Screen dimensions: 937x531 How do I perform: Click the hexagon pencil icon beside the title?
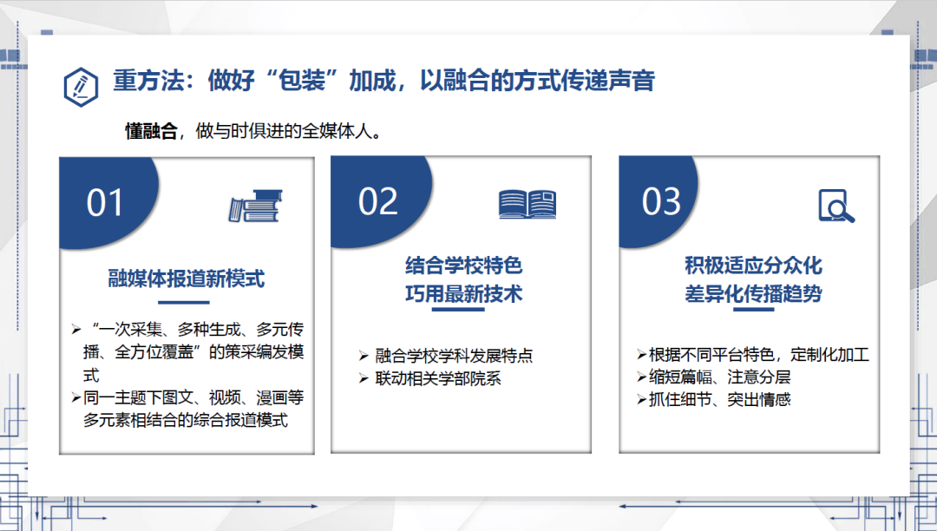[81, 87]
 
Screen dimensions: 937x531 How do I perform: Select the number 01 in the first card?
[105, 202]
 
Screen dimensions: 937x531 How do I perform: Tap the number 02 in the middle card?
[377, 201]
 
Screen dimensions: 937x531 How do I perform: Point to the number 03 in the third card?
[661, 201]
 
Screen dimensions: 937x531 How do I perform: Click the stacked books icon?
[255, 206]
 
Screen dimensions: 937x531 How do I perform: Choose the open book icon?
[527, 204]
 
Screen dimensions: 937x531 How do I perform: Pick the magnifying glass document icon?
[836, 206]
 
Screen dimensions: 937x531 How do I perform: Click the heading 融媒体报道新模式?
[187, 279]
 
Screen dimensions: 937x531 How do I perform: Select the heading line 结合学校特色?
[463, 265]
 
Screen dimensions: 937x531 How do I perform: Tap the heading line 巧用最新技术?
[463, 293]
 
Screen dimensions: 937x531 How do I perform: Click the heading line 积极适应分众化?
[754, 265]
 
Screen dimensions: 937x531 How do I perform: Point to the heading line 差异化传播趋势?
[754, 293]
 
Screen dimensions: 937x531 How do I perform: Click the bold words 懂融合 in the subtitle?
[151, 131]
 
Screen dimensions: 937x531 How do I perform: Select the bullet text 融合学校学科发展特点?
[454, 356]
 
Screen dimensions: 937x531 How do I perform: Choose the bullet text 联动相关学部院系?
[438, 378]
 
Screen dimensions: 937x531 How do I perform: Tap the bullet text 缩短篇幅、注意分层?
[719, 377]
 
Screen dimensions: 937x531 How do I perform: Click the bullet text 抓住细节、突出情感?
[719, 400]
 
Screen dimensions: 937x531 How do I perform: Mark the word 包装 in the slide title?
[302, 80]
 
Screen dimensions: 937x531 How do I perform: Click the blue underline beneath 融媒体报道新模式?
[183, 302]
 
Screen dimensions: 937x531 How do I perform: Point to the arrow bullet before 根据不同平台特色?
[642, 355]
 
